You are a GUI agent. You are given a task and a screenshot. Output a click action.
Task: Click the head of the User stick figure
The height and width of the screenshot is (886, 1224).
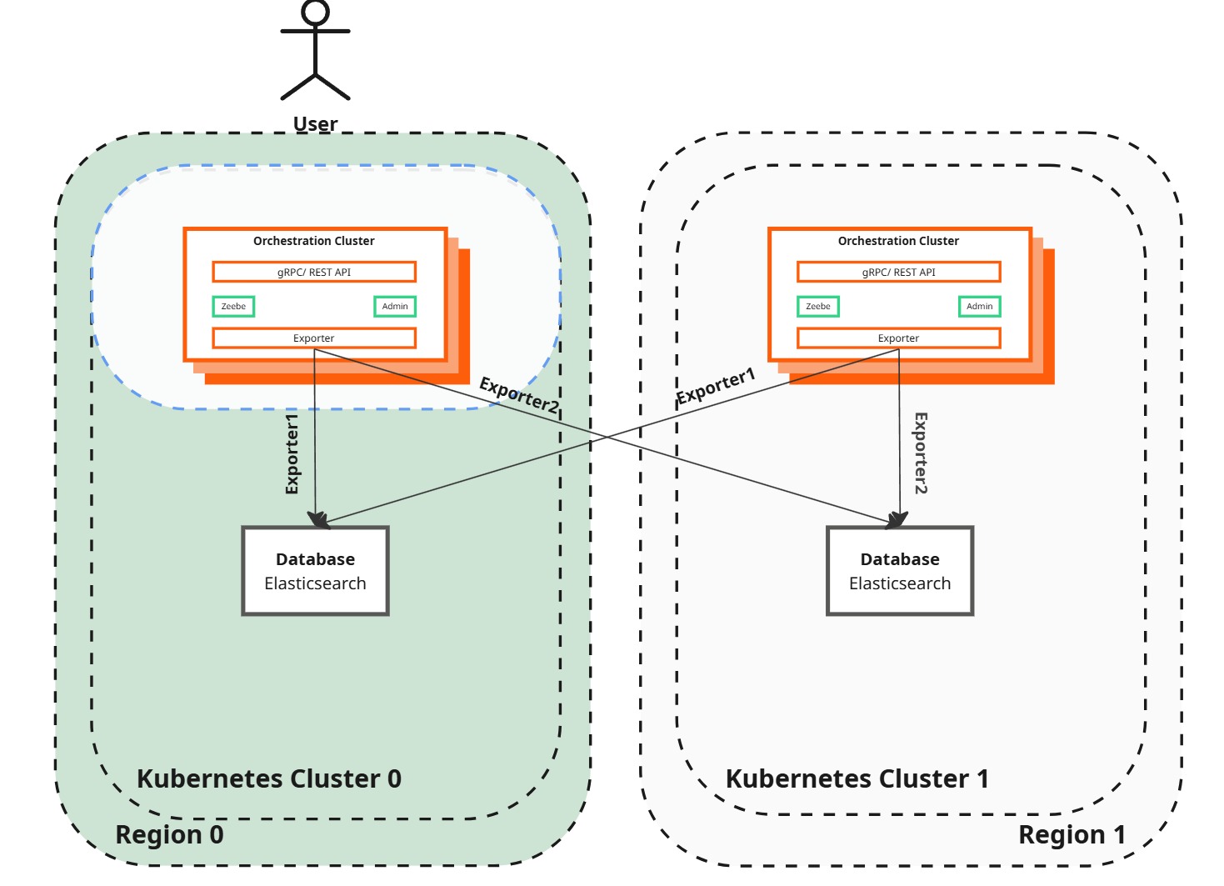click(316, 13)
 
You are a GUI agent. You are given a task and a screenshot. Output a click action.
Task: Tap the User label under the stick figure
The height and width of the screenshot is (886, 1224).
click(315, 124)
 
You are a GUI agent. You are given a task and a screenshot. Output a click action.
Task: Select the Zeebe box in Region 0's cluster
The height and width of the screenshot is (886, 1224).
click(233, 307)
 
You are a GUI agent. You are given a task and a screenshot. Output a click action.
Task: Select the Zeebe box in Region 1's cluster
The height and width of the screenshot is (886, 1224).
click(818, 307)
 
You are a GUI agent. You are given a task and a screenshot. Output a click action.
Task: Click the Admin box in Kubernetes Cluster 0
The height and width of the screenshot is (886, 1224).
click(395, 307)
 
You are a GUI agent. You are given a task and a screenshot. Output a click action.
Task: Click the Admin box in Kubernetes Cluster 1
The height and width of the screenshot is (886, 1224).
click(980, 307)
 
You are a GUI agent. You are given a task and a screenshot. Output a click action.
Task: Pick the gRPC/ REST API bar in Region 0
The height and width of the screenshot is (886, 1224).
click(314, 273)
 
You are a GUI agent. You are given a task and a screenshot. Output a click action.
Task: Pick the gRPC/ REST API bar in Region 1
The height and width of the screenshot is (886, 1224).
click(899, 273)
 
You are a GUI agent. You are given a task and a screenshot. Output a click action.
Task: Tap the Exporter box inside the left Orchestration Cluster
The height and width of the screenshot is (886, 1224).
click(314, 338)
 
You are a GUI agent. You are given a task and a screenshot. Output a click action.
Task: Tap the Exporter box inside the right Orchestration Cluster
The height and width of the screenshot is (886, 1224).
click(899, 338)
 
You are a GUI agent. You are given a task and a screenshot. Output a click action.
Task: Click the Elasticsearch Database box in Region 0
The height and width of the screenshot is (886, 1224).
click(316, 571)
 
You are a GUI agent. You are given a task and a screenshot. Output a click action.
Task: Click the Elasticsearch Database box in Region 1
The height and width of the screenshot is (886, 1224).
click(900, 571)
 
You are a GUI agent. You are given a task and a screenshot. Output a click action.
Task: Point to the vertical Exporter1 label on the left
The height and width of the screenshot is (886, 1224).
click(292, 454)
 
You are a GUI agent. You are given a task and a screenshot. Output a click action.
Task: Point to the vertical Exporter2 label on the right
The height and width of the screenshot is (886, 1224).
click(921, 453)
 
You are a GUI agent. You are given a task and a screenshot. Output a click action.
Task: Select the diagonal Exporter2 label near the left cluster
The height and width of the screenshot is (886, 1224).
click(519, 395)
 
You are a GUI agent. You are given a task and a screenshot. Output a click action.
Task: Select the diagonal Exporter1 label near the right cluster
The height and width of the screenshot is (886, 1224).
click(716, 386)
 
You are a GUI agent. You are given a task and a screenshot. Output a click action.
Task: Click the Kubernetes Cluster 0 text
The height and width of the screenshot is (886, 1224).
click(269, 778)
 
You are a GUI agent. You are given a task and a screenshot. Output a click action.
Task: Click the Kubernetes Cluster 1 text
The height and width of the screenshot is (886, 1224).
click(857, 778)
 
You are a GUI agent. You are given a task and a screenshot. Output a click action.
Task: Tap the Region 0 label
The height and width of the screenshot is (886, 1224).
click(169, 834)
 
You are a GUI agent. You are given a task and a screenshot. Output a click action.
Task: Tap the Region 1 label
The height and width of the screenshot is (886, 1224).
click(1072, 834)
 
